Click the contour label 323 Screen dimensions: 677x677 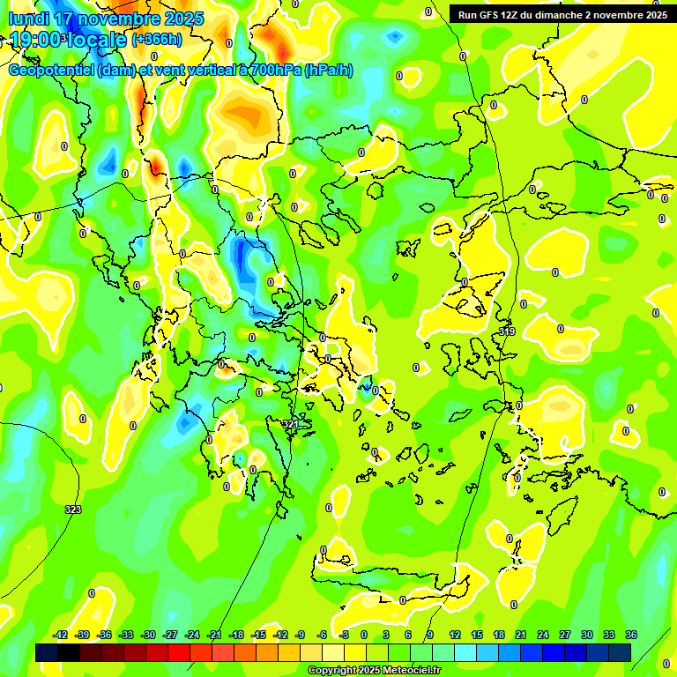(x=73, y=510)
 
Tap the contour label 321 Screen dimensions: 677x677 (x=291, y=424)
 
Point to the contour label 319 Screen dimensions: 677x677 (x=507, y=331)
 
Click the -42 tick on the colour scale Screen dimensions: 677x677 (x=61, y=635)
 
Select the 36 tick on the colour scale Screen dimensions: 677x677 (x=631, y=635)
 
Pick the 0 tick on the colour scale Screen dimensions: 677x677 (x=364, y=635)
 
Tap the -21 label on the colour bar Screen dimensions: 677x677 (x=214, y=635)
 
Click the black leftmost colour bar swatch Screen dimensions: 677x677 (x=48, y=652)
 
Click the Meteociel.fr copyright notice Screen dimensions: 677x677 (x=374, y=671)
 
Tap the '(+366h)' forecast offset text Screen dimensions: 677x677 (x=157, y=40)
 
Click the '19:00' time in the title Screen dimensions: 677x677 (x=35, y=40)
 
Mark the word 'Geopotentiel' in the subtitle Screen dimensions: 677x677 (x=51, y=71)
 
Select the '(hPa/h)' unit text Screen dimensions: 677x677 (x=328, y=71)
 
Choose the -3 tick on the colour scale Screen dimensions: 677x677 (x=343, y=635)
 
